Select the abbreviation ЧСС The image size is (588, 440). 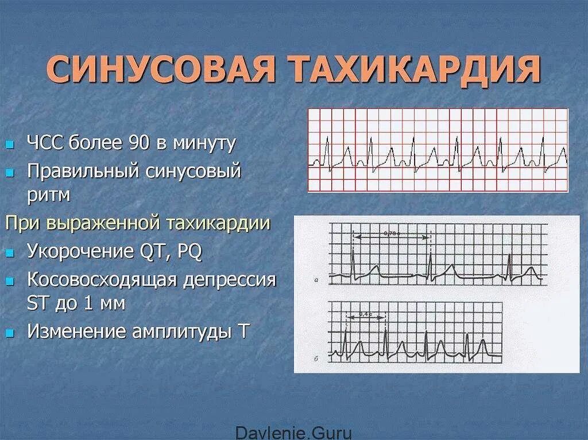pos(45,143)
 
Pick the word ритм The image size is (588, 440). pos(48,195)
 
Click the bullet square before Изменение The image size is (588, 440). pos(10,333)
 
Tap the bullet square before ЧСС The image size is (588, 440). pos(10,145)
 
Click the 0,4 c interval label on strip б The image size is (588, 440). pos(365,314)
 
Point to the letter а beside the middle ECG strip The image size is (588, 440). pos(317,281)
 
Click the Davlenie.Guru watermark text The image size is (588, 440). pos(294,433)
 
